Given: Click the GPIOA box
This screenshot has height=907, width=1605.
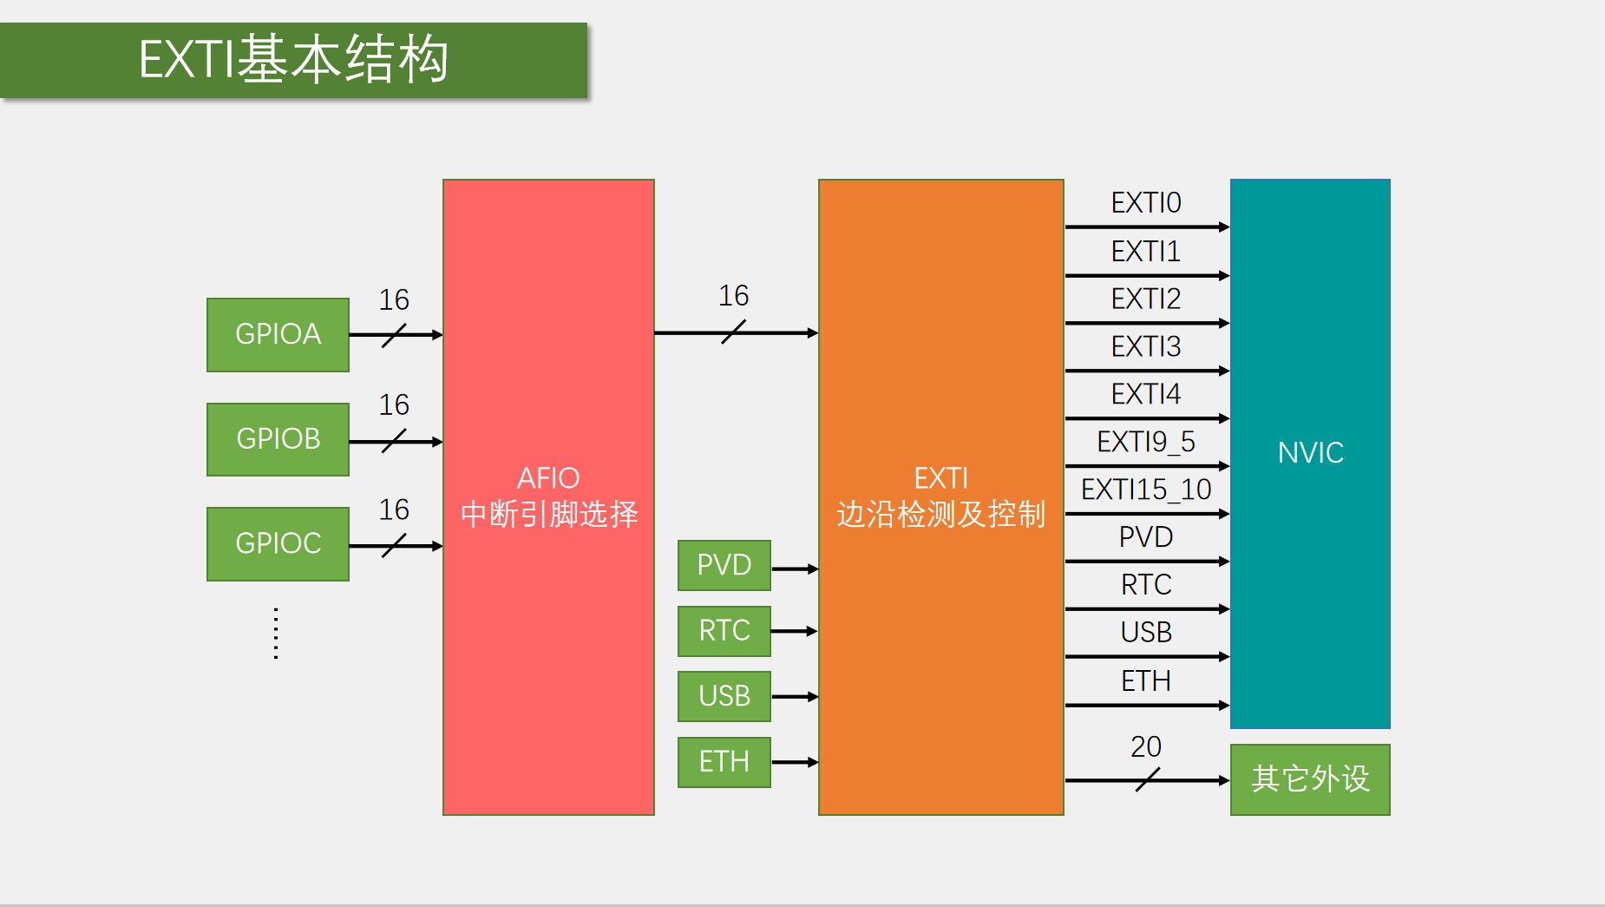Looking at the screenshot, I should click(278, 334).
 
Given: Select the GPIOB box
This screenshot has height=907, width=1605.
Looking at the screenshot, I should click(278, 439).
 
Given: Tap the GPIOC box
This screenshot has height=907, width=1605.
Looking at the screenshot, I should click(278, 543).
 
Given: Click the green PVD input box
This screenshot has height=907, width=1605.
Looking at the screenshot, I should click(724, 565).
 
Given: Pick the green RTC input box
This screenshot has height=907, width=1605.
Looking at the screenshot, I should click(724, 631).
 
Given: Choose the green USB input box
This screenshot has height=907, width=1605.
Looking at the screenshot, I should click(724, 696).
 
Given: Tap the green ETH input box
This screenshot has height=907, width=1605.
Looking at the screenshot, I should click(724, 762).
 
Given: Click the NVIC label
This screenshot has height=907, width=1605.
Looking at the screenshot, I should click(1310, 452).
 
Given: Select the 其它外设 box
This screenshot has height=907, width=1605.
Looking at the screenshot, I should click(1310, 779).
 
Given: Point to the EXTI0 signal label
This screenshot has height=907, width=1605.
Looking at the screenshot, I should click(1146, 203).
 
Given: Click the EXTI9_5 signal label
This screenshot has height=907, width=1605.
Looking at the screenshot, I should click(1146, 443).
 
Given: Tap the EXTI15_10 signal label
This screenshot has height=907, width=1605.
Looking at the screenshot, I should click(1146, 490).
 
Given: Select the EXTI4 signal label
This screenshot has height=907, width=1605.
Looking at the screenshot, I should click(1146, 395).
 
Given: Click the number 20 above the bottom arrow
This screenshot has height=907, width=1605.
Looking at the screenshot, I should click(1146, 746).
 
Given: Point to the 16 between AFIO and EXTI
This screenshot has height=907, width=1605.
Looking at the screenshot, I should click(733, 296).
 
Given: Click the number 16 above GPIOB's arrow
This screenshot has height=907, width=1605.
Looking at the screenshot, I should click(394, 405).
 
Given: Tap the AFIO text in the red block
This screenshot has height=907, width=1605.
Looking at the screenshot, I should click(548, 478).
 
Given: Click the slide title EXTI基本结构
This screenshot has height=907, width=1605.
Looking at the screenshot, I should click(293, 60).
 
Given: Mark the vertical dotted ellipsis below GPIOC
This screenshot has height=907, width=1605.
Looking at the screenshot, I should click(276, 634).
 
